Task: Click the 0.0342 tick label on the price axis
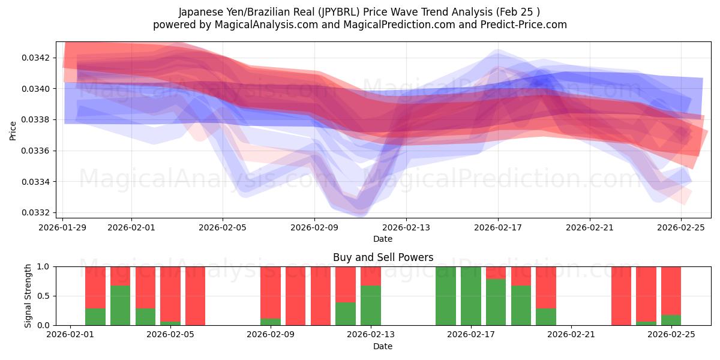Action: pyautogui.click(x=36, y=58)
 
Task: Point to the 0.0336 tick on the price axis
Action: pyautogui.click(x=36, y=151)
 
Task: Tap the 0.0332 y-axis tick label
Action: pyautogui.click(x=36, y=212)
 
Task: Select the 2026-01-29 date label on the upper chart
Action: pyautogui.click(x=64, y=227)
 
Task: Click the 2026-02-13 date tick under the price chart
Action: pyautogui.click(x=406, y=227)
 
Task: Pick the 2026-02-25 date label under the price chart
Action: pyautogui.click(x=681, y=227)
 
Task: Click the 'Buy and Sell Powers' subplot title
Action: pyautogui.click(x=383, y=257)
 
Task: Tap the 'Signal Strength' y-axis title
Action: pyautogui.click(x=28, y=296)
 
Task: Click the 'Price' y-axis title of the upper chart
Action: pyautogui.click(x=13, y=130)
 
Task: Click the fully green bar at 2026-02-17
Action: pyautogui.click(x=471, y=296)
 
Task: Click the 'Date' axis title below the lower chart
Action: pyautogui.click(x=383, y=346)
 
